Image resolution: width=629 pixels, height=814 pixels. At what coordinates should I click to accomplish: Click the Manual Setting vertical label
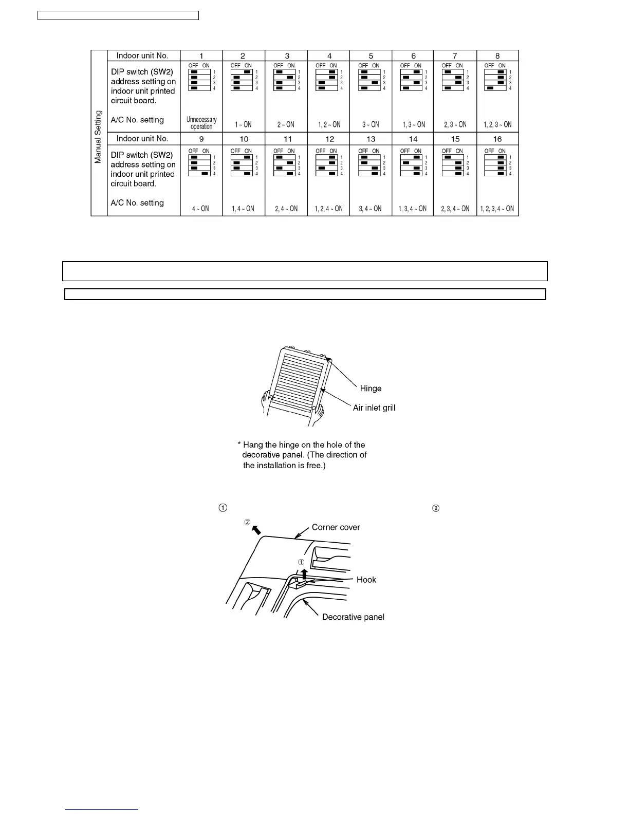pyautogui.click(x=98, y=137)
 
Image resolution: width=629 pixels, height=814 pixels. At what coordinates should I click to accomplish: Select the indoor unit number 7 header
pyautogui.click(x=455, y=56)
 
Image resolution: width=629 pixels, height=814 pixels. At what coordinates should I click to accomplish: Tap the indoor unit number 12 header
pyautogui.click(x=329, y=139)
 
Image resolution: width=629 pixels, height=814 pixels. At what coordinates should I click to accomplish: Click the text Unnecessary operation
pyautogui.click(x=201, y=123)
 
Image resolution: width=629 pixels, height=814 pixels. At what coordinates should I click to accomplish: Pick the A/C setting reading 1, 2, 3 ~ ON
pyautogui.click(x=497, y=125)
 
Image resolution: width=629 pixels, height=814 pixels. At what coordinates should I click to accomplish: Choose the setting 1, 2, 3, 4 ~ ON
pyautogui.click(x=497, y=209)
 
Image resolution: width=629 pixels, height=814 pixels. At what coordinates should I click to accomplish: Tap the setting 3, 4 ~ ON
pyautogui.click(x=371, y=209)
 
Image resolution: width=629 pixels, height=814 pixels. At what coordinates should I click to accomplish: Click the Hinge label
pyautogui.click(x=371, y=388)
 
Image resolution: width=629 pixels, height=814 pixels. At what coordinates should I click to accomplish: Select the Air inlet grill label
pyautogui.click(x=374, y=408)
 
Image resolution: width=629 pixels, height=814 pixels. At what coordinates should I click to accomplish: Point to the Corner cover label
pyautogui.click(x=336, y=527)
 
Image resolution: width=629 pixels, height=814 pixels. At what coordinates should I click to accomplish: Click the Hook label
pyautogui.click(x=366, y=580)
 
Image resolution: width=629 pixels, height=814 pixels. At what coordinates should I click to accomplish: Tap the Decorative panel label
pyautogui.click(x=353, y=617)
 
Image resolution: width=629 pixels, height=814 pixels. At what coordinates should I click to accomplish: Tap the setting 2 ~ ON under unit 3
pyautogui.click(x=286, y=125)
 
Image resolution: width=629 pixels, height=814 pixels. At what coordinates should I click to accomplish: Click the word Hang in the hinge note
pyautogui.click(x=252, y=445)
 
